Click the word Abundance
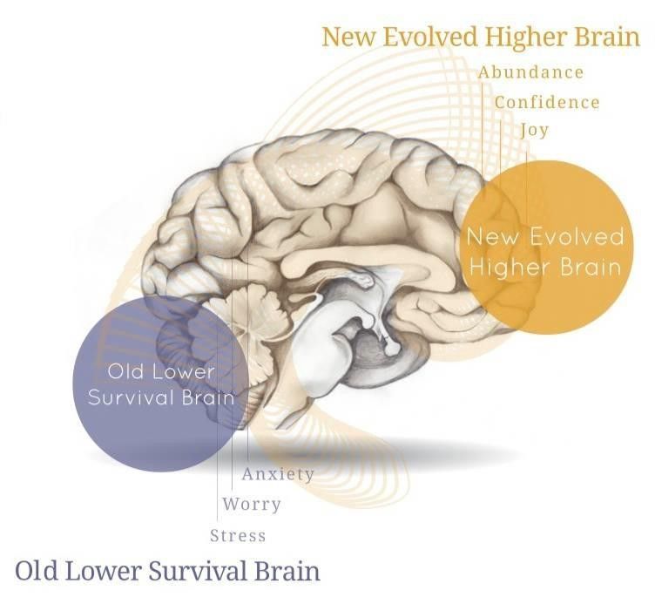coord(530,72)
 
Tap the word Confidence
coord(547,102)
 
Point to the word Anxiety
coord(278,474)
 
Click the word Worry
coord(252,504)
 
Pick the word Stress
coord(238,534)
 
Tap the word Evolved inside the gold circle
coord(578,237)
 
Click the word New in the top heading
coord(348,38)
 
